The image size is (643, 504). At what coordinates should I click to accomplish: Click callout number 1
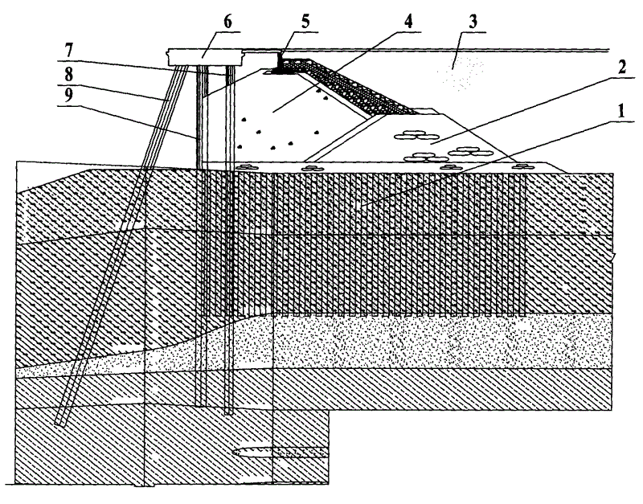(x=620, y=110)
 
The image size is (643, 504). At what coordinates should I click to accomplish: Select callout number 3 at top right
(x=473, y=22)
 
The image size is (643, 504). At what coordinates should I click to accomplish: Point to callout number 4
(x=408, y=21)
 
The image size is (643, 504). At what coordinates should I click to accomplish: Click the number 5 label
(x=306, y=22)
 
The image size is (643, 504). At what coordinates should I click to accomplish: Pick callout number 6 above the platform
(x=227, y=22)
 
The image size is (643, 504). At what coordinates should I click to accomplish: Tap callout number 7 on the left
(x=68, y=51)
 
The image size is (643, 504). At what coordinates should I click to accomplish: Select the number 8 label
(x=68, y=75)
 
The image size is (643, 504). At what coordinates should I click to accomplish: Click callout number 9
(x=68, y=96)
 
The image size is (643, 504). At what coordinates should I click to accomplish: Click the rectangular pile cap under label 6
(x=205, y=57)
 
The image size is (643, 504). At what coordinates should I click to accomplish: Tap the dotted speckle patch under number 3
(x=459, y=72)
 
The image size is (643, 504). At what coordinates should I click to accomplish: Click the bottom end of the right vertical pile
(x=229, y=413)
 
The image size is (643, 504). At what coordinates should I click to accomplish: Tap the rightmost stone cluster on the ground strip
(x=522, y=166)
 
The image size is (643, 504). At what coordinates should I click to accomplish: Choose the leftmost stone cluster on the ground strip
(x=245, y=166)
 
